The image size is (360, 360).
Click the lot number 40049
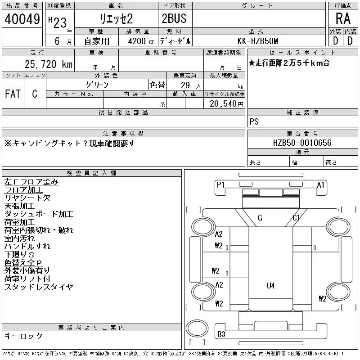tap(22, 19)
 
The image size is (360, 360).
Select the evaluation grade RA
tap(343, 18)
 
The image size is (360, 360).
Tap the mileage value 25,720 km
tap(49, 64)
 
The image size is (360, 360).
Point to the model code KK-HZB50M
tap(258, 41)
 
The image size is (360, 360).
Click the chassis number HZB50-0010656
tap(302, 143)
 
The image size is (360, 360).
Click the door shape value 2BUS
tap(174, 18)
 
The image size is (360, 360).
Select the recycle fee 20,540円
tap(226, 104)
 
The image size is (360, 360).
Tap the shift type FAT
tap(13, 94)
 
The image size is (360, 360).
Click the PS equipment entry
tap(254, 121)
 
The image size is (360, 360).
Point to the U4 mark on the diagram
tap(271, 286)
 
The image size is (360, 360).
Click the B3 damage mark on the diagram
tap(221, 334)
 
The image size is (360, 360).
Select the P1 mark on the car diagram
tap(220, 185)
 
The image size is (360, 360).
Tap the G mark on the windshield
tap(260, 218)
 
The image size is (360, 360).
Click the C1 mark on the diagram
tap(296, 218)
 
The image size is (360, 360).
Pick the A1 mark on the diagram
tap(320, 185)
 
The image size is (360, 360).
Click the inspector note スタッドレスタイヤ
tap(39, 287)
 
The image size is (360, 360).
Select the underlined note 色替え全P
tap(23, 263)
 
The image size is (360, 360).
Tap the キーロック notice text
tap(23, 336)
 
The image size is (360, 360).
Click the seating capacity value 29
tap(185, 85)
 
